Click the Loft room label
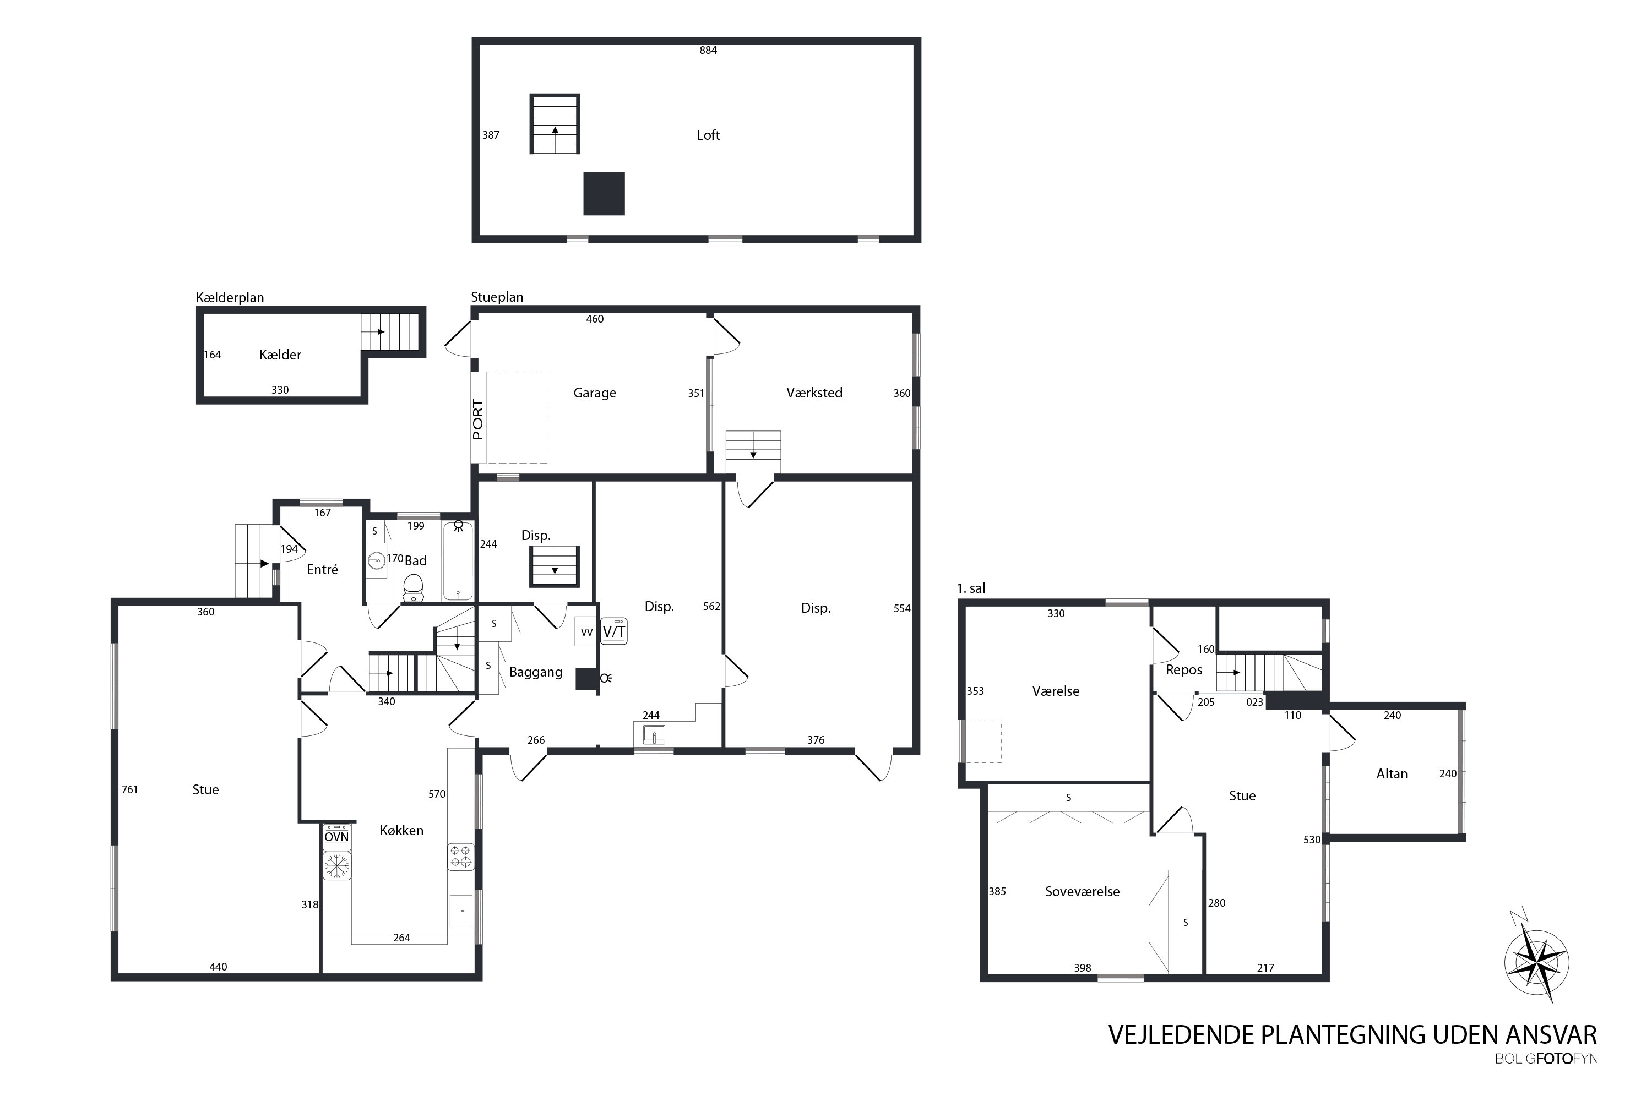[x=708, y=135]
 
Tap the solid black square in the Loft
[x=604, y=193]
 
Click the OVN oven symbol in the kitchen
[x=336, y=837]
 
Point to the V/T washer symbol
[x=614, y=631]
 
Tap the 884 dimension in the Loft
[x=708, y=50]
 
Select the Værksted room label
[x=814, y=393]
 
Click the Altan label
[x=1392, y=774]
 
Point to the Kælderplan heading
[x=230, y=297]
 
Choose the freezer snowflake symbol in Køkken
[x=336, y=866]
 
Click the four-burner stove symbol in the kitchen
[x=461, y=857]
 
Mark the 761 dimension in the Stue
[x=129, y=789]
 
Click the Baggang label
[x=535, y=672]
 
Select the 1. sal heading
[x=971, y=588]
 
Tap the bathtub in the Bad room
[x=458, y=560]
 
